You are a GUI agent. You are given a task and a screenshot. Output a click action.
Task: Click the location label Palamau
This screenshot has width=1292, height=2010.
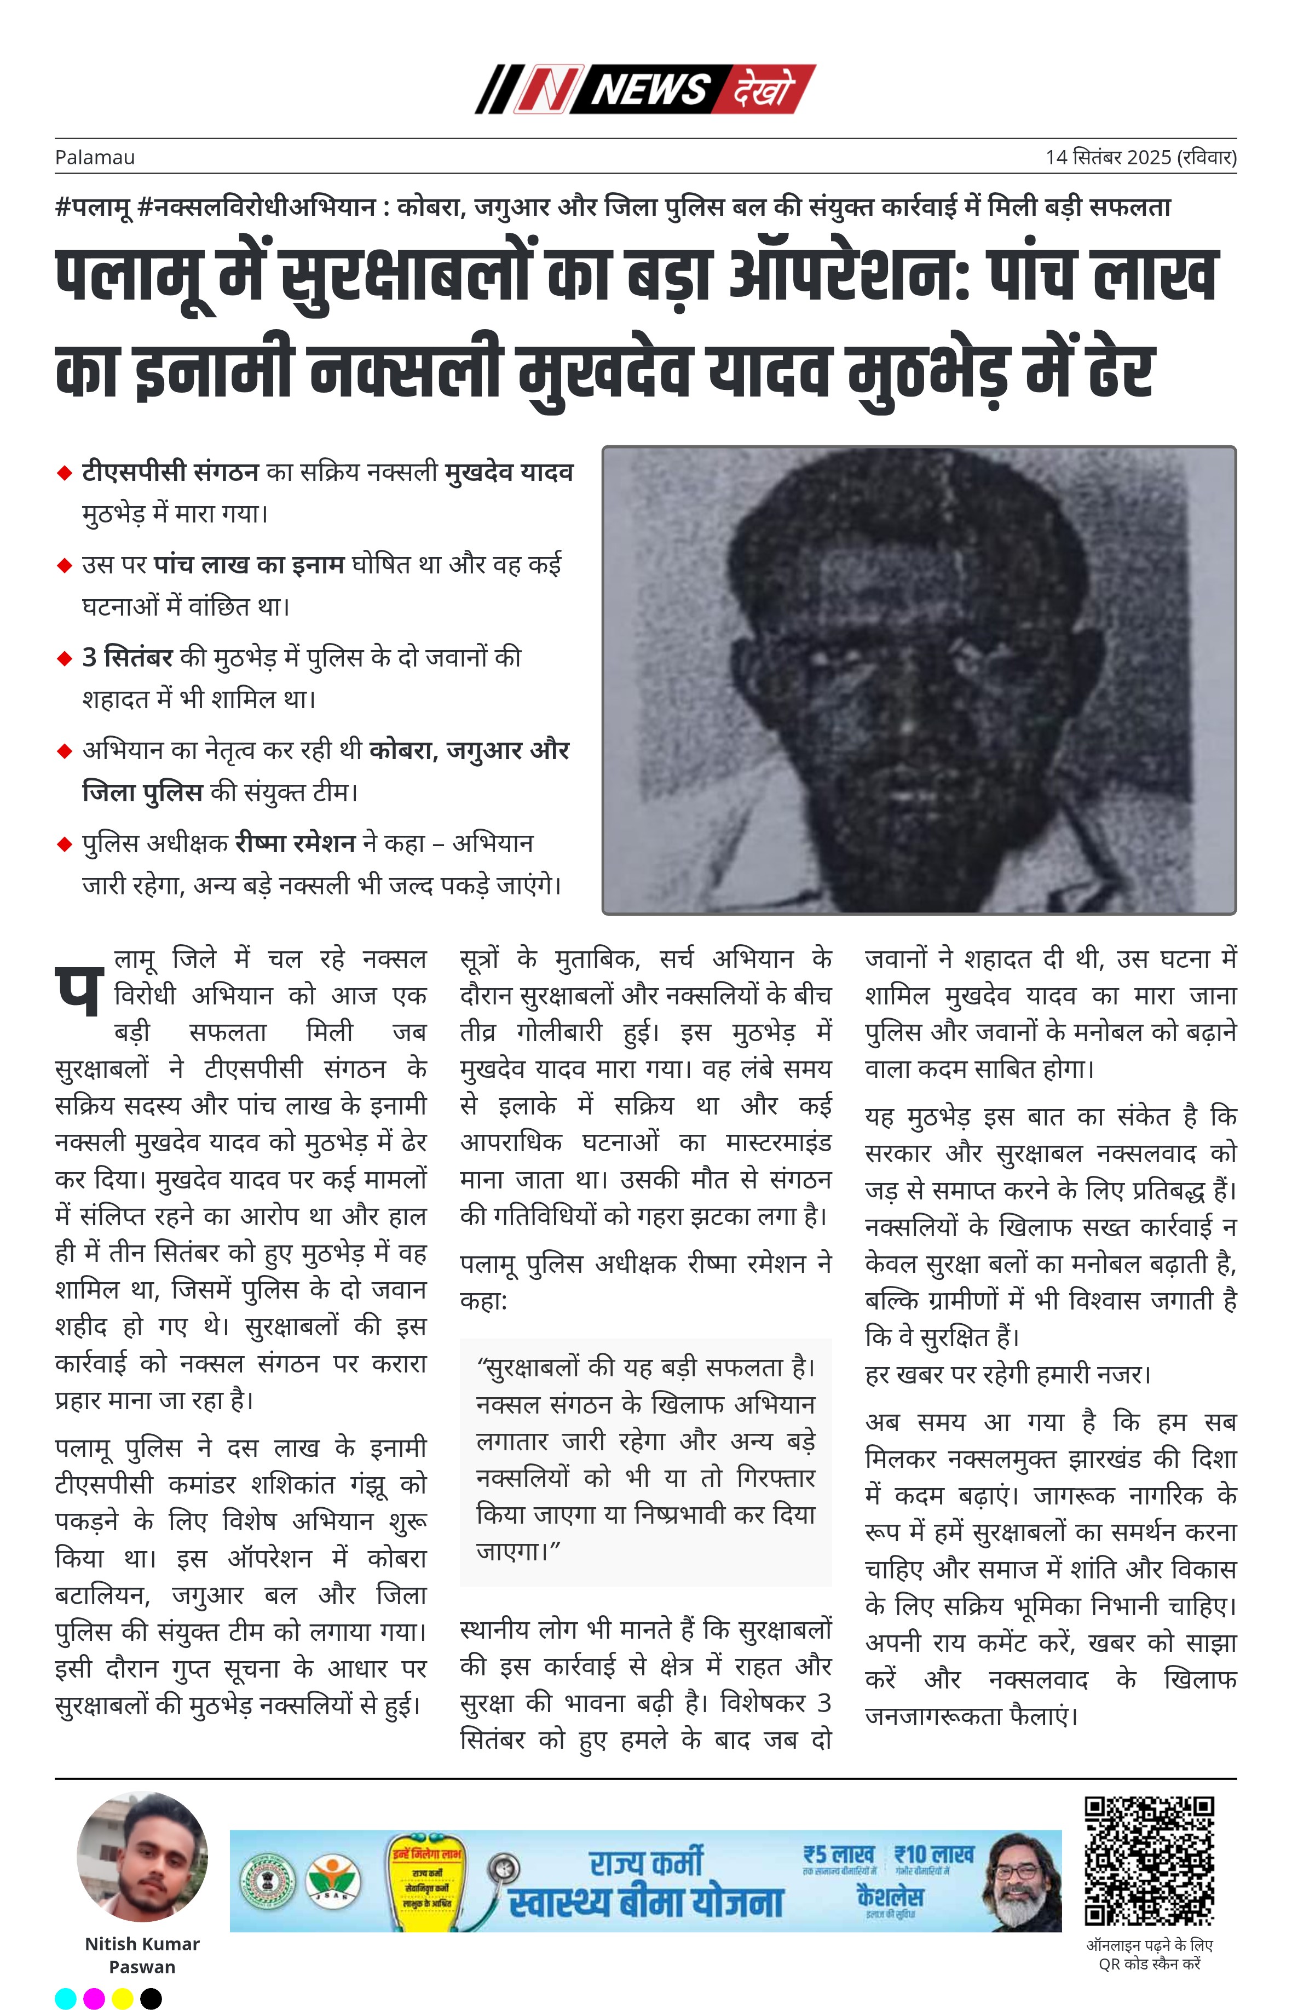[95, 157]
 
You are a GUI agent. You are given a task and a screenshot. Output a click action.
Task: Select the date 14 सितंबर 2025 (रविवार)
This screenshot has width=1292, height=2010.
[1140, 157]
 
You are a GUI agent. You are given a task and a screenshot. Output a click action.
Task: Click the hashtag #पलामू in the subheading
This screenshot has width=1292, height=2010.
[93, 206]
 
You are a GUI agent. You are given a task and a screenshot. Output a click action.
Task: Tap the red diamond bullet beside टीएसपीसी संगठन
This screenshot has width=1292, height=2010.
[64, 474]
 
